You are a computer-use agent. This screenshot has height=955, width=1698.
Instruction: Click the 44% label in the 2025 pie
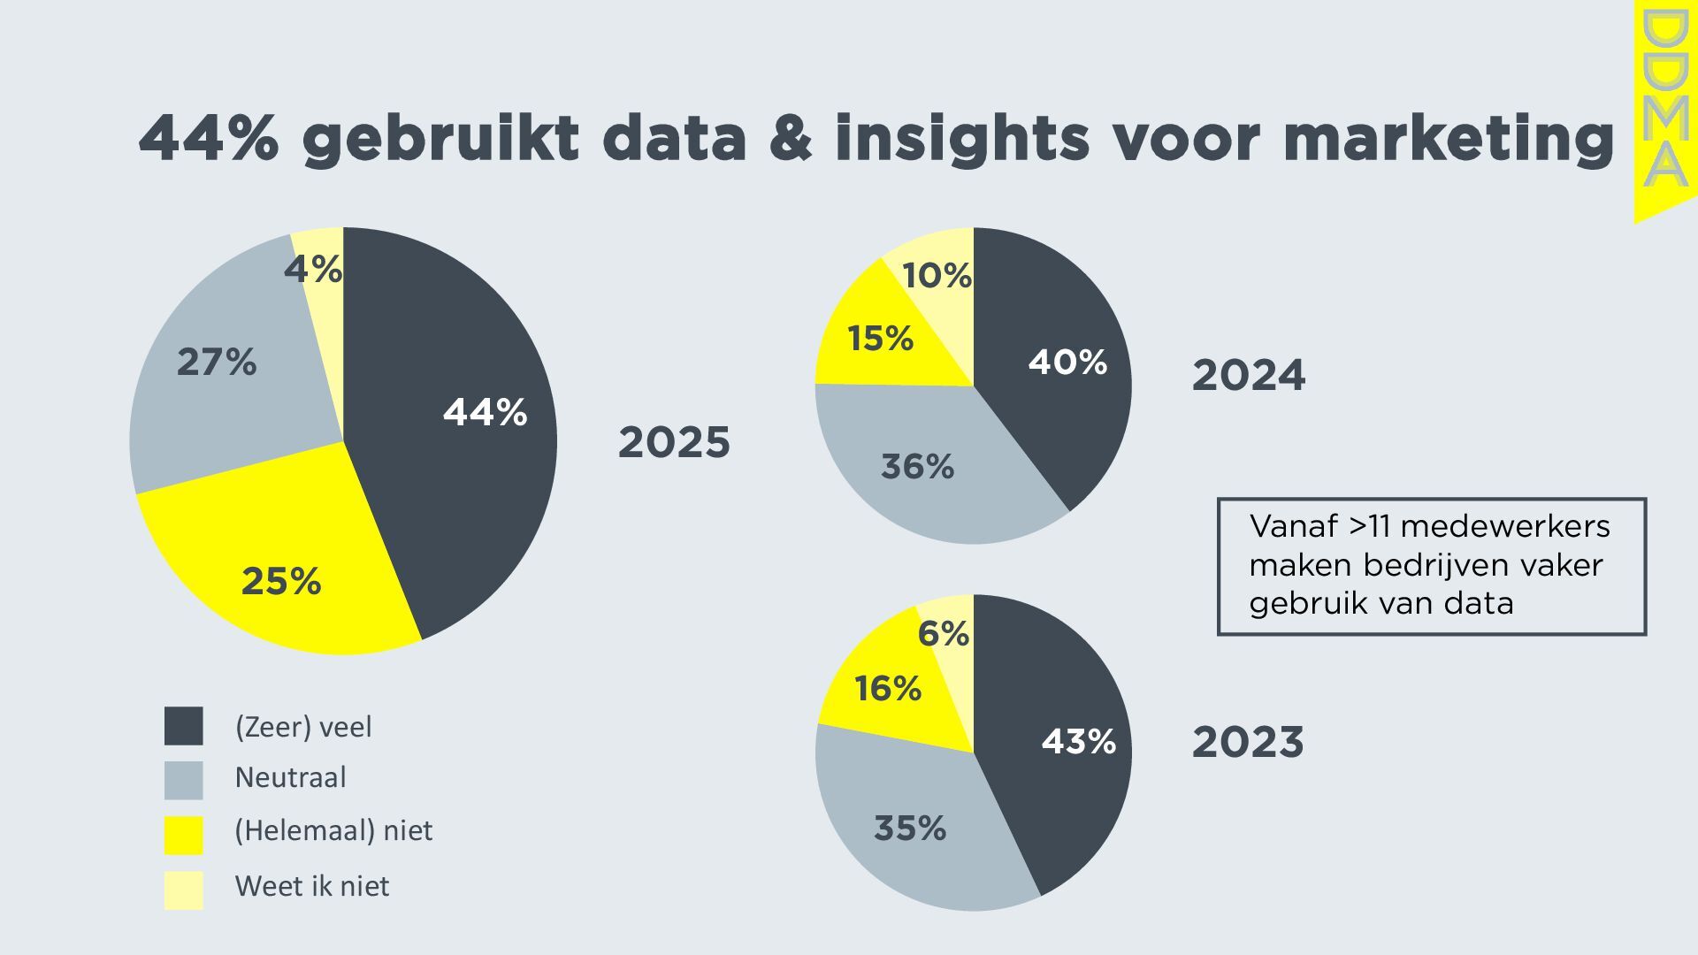click(x=485, y=412)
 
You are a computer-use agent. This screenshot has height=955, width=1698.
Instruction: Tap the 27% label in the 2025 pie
click(x=217, y=362)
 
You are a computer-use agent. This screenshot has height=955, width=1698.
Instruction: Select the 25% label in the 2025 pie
click(x=281, y=581)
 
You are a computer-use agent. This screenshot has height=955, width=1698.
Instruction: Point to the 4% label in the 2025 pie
click(x=313, y=269)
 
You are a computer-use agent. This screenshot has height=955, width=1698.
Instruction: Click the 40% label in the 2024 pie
click(x=1067, y=362)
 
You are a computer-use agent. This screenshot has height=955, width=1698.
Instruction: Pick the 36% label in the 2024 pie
click(x=917, y=466)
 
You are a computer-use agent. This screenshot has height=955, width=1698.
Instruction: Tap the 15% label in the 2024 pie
click(x=880, y=338)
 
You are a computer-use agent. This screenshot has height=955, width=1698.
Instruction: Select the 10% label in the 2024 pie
click(x=937, y=276)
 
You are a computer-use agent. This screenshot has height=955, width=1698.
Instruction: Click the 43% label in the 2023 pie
click(x=1078, y=741)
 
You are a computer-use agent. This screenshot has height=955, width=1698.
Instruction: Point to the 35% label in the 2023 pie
click(x=910, y=828)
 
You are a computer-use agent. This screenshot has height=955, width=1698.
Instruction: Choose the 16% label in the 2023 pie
click(x=888, y=688)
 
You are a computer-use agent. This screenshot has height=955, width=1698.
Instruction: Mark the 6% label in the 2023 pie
click(x=943, y=633)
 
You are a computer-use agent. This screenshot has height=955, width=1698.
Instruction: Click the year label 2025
click(x=674, y=442)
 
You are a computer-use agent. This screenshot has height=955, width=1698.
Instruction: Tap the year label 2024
click(x=1248, y=375)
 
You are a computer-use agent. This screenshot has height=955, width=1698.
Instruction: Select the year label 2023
click(x=1248, y=742)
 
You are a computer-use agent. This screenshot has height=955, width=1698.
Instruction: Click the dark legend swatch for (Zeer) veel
click(x=184, y=726)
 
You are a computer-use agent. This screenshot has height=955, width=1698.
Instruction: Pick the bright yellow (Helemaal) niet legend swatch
click(x=184, y=834)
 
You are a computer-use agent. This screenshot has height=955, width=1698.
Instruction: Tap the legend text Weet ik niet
click(x=311, y=886)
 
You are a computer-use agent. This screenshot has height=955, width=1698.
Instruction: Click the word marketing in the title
click(x=1449, y=138)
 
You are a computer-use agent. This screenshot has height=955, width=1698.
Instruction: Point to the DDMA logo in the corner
click(x=1664, y=102)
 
